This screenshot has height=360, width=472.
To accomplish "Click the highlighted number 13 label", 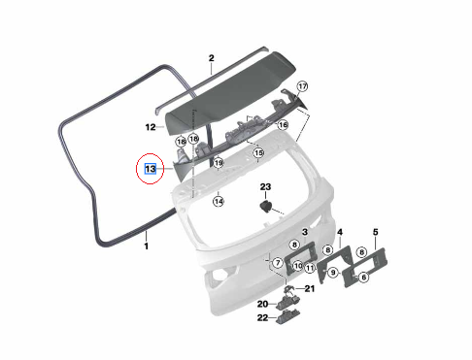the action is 151,169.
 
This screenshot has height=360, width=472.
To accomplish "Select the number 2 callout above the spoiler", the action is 212,58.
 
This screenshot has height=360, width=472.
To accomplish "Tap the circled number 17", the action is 302,86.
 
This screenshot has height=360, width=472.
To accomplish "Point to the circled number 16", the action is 283,125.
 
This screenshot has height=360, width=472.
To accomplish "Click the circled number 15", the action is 258,152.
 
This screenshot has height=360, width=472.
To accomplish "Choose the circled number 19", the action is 219,163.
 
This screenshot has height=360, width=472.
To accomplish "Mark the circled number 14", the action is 219,202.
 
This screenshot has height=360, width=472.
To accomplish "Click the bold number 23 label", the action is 265,187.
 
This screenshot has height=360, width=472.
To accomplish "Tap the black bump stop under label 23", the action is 266,207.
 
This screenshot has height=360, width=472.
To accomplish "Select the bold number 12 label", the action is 151,127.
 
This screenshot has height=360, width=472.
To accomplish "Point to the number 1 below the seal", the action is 147,245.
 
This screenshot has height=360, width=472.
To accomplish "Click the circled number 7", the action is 278,263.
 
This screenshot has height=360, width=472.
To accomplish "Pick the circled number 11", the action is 310,268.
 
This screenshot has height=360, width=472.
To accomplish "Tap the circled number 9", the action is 333,273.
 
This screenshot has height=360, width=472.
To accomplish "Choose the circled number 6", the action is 363,278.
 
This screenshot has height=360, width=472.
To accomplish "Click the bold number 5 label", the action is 376,232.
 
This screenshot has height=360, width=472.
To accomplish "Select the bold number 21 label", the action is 310,288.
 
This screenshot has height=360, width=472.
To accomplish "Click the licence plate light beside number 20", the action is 287,301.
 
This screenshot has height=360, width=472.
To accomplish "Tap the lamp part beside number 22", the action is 287,317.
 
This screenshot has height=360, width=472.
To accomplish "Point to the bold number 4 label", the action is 340,232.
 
